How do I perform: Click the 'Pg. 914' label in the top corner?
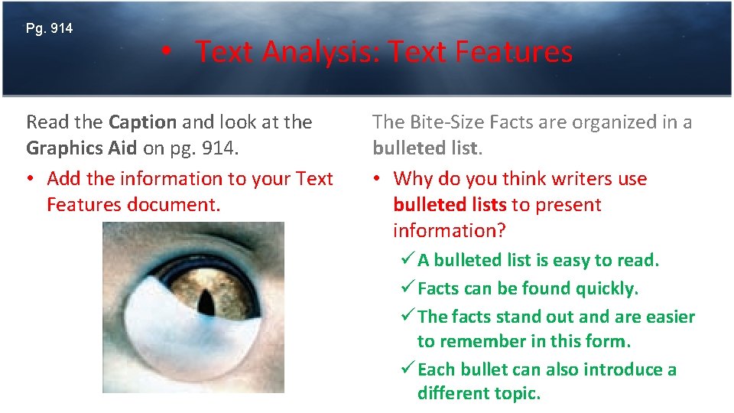tap(49, 29)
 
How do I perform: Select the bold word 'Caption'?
tap(143, 122)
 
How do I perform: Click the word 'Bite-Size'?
tap(444, 122)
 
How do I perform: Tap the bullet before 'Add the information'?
tap(31, 179)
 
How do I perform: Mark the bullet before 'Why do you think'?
tap(377, 179)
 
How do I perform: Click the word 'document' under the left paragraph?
tap(181, 205)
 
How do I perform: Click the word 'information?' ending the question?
tap(450, 231)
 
